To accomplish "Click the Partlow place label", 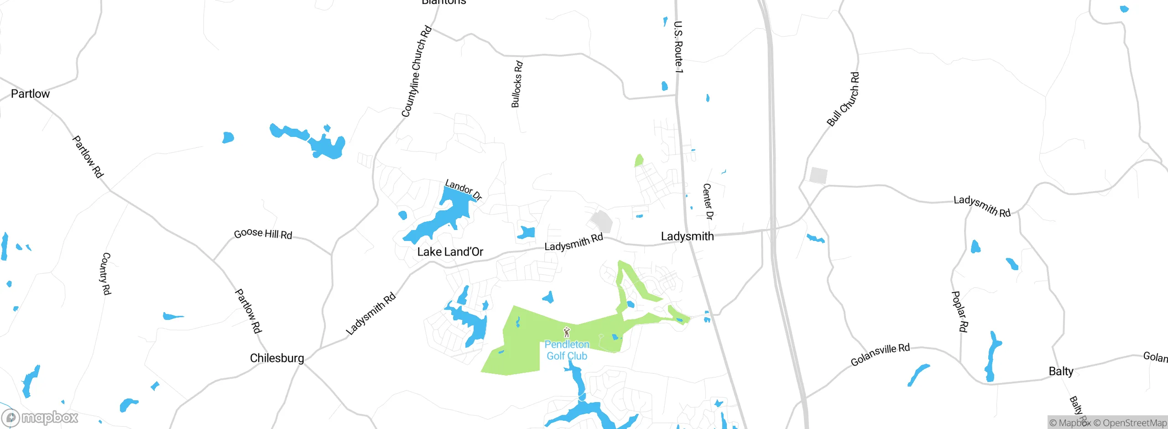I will pyautogui.click(x=30, y=94).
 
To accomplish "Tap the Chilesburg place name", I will pyautogui.click(x=277, y=358).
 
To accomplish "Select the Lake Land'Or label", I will pyautogui.click(x=450, y=252).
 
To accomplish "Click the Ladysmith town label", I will pyautogui.click(x=687, y=236).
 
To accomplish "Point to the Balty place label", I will pyautogui.click(x=1061, y=371).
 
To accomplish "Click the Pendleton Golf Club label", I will pyautogui.click(x=567, y=351).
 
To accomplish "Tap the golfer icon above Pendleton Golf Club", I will pyautogui.click(x=567, y=332).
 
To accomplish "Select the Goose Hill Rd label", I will pyautogui.click(x=263, y=234).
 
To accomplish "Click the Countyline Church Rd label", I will pyautogui.click(x=416, y=71).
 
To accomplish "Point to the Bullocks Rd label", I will pyautogui.click(x=516, y=84).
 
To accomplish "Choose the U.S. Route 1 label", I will pyautogui.click(x=678, y=47).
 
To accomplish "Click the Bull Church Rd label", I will pyautogui.click(x=843, y=99).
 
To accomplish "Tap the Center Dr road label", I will pyautogui.click(x=707, y=201).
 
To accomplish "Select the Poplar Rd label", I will pyautogui.click(x=959, y=311).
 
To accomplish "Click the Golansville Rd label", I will pyautogui.click(x=880, y=355).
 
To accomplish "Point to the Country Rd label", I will pyautogui.click(x=105, y=273).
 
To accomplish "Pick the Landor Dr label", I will pyautogui.click(x=463, y=189).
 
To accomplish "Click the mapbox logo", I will pyautogui.click(x=40, y=417).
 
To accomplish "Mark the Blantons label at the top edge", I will pyautogui.click(x=443, y=2).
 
